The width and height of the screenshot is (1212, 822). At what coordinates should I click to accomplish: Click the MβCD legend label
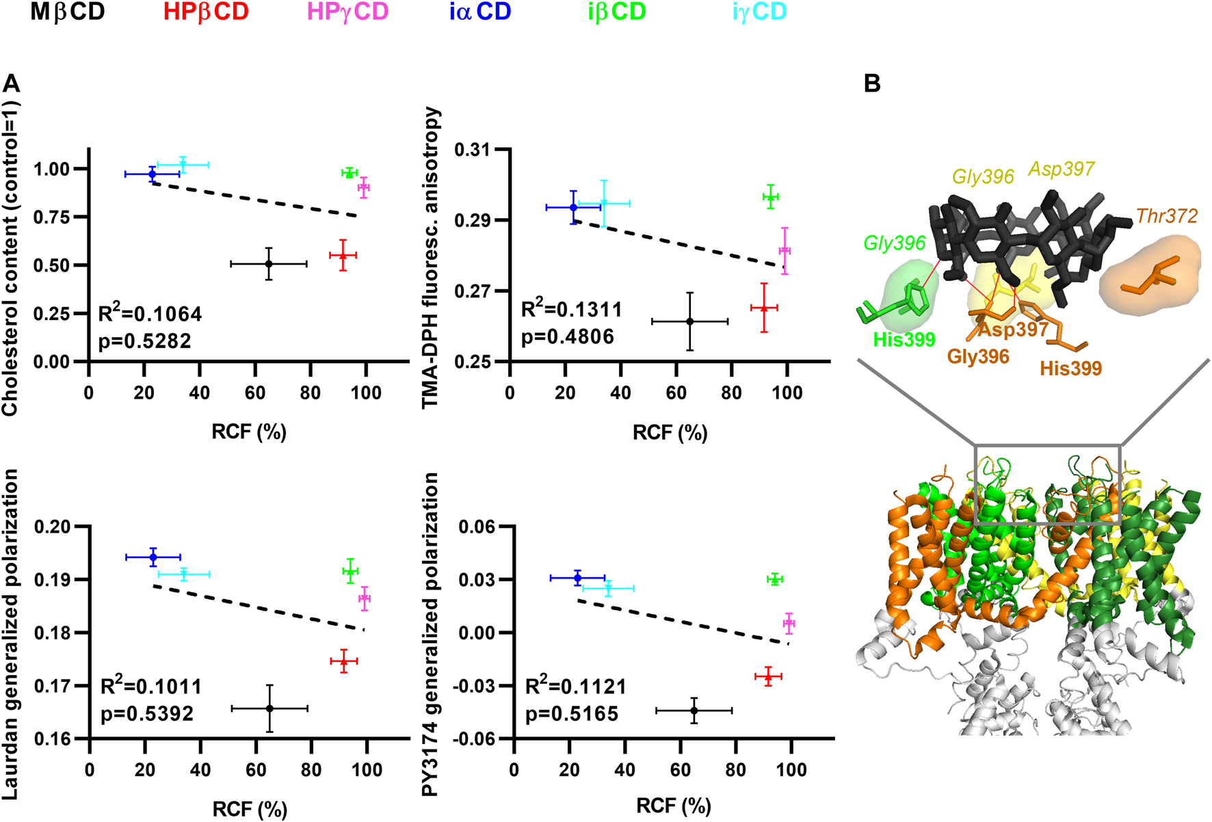pyautogui.click(x=67, y=12)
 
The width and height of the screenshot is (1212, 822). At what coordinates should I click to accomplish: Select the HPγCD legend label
pyautogui.click(x=347, y=12)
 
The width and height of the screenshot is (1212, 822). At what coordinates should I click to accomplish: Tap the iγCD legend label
pyautogui.click(x=759, y=12)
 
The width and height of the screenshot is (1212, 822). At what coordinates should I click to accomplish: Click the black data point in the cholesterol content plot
pyautogui.click(x=269, y=263)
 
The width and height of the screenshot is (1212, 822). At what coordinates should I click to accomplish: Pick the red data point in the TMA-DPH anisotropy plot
pyautogui.click(x=764, y=308)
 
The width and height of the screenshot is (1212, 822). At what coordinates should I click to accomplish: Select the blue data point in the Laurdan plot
pyautogui.click(x=153, y=557)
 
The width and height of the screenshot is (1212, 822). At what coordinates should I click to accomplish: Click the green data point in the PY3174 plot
pyautogui.click(x=774, y=579)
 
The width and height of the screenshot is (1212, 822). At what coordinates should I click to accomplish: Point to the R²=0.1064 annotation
pyautogui.click(x=150, y=314)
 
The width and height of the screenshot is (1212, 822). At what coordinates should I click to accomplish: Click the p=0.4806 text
pyautogui.click(x=568, y=336)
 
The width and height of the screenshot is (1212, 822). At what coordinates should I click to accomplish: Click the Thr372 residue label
pyautogui.click(x=1167, y=216)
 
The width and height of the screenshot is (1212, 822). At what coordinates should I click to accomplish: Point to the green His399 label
pyautogui.click(x=904, y=339)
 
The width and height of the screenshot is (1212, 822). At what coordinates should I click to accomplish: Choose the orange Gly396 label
pyautogui.click(x=978, y=356)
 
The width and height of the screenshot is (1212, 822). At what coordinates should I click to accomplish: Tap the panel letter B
pyautogui.click(x=872, y=83)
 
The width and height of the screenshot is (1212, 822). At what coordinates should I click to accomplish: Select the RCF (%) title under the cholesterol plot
pyautogui.click(x=249, y=432)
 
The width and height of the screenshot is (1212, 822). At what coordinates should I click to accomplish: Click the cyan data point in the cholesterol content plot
pyautogui.click(x=183, y=165)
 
